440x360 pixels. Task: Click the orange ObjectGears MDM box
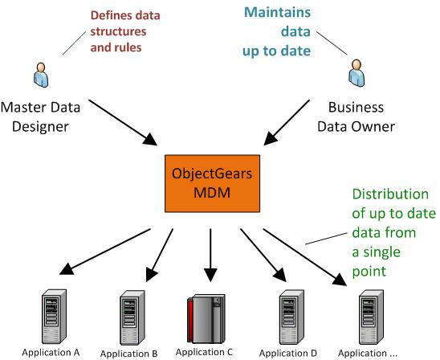click(x=213, y=183)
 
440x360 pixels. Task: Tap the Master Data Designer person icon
click(x=41, y=75)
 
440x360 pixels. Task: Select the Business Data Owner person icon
click(x=356, y=73)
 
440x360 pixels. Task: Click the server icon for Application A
click(x=54, y=317)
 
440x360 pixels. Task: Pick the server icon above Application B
click(x=132, y=317)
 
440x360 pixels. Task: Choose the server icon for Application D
click(x=291, y=317)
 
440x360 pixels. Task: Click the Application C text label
click(x=204, y=352)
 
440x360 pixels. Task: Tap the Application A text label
click(x=51, y=353)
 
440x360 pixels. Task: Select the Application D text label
click(x=288, y=353)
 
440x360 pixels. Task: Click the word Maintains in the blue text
click(x=277, y=12)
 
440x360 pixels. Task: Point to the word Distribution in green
click(x=390, y=194)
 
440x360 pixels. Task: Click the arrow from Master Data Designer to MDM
click(x=123, y=122)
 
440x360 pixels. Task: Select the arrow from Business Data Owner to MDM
click(x=287, y=122)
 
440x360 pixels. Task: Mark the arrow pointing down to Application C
click(x=210, y=255)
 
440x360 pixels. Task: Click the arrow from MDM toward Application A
click(x=105, y=252)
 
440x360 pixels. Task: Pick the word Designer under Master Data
click(x=40, y=127)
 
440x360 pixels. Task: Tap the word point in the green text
click(x=369, y=272)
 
